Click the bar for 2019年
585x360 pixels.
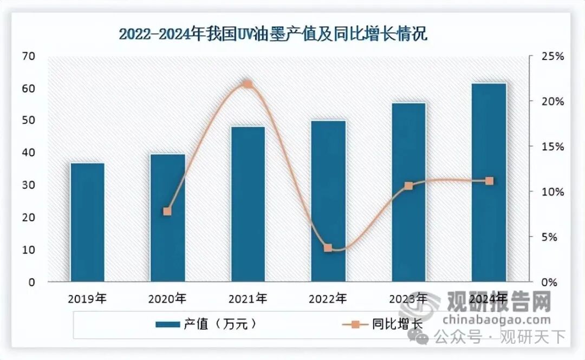87,222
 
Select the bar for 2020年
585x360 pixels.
167,218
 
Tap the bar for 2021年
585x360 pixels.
248,204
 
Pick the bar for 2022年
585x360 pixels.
328,201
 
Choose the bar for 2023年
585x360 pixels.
408,192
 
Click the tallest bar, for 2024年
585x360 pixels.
489,182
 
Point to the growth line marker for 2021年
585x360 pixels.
248,84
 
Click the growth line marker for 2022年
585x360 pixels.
328,248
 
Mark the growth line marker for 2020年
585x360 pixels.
167,211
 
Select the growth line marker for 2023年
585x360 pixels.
408,186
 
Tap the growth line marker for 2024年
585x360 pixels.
489,181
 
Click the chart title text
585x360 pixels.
273,35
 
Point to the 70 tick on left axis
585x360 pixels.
28,56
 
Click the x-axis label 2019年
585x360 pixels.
87,298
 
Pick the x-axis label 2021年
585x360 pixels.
248,298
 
